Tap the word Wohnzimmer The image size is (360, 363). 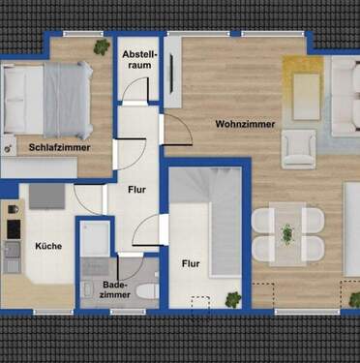pyautogui.click(x=245, y=124)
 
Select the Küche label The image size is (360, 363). pyautogui.click(x=48, y=246)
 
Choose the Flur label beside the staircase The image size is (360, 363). pyautogui.click(x=189, y=262)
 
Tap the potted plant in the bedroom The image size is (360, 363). pyautogui.click(x=101, y=46)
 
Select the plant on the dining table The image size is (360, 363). pyautogui.click(x=286, y=233)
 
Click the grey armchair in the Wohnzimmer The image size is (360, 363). pyautogui.click(x=298, y=150)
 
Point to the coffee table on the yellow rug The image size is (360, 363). pyautogui.click(x=305, y=91)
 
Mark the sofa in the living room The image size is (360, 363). pyautogui.click(x=345, y=97)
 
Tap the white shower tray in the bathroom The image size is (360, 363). pyautogui.click(x=95, y=238)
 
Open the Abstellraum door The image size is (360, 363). pyautogui.click(x=136, y=96)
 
